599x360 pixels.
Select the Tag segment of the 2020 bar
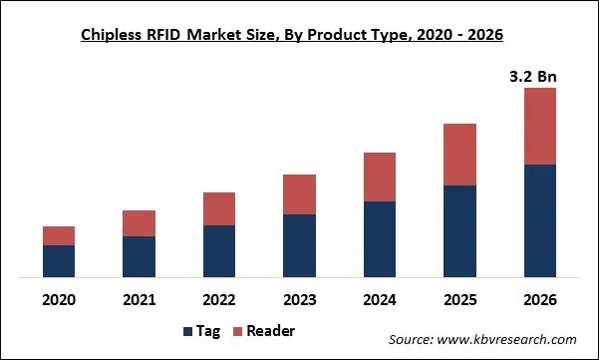(59, 261)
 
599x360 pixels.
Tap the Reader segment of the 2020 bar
(59, 235)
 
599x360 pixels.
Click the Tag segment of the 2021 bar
(139, 256)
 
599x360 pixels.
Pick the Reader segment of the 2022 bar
(219, 208)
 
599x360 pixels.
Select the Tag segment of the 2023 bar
(299, 245)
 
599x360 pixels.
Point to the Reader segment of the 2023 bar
(299, 194)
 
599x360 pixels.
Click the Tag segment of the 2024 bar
(380, 239)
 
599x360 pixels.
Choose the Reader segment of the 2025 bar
(459, 155)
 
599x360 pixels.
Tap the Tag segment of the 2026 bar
(540, 220)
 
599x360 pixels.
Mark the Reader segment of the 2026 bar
(540, 126)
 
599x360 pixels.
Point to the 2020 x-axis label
(59, 299)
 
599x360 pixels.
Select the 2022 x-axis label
(219, 299)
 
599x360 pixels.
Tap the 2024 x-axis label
(380, 299)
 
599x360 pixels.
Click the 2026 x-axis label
(540, 299)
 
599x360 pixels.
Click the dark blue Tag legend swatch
(188, 331)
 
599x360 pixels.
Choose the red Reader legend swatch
(237, 331)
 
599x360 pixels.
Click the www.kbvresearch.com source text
(482, 339)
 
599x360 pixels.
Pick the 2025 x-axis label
(459, 299)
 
